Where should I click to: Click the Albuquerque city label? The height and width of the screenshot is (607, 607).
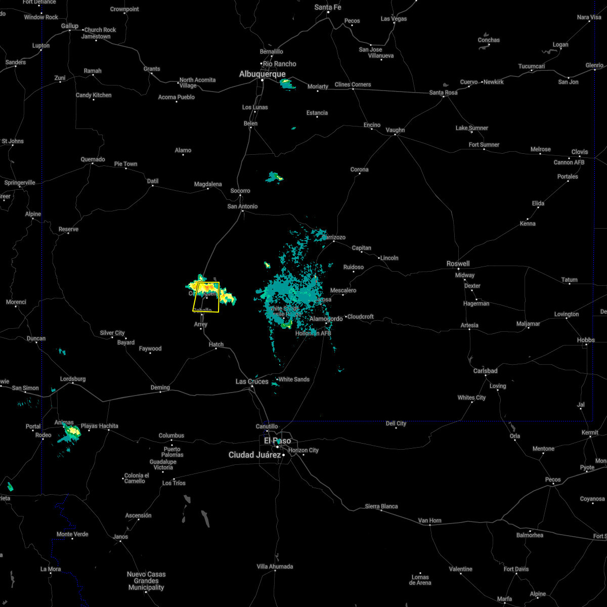pos(262,74)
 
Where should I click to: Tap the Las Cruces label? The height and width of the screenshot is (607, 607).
pos(252,381)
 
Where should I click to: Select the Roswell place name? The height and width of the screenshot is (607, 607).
pos(458,264)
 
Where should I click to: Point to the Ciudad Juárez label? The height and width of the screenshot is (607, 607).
pos(254,455)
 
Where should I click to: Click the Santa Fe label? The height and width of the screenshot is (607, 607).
pos(328,7)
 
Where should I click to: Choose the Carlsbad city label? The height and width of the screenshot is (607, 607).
pos(486,371)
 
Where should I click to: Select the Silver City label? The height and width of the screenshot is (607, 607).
pos(112,333)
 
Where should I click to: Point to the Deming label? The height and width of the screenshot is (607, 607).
pos(160,387)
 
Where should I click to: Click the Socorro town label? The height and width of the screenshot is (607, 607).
pos(240,191)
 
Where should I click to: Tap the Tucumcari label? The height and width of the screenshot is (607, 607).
pos(532,66)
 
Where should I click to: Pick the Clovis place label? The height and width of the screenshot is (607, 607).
pos(580,152)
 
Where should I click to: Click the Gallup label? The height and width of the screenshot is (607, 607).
pos(70,26)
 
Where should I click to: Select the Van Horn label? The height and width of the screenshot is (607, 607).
pos(429,521)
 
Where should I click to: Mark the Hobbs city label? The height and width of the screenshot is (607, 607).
pos(586,340)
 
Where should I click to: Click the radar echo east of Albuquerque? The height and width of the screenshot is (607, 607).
pos(287,84)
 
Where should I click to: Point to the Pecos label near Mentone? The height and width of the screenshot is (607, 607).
pos(553,480)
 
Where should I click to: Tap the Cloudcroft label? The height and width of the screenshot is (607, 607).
pos(361,317)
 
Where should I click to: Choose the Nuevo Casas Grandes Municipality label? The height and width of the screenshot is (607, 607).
pos(146,581)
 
